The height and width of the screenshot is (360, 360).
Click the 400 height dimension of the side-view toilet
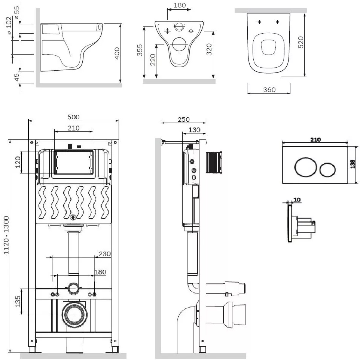[117, 53]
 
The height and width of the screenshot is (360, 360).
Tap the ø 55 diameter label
[17, 13]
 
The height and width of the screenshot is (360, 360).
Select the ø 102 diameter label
[9, 25]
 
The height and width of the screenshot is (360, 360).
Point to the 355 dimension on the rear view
[140, 50]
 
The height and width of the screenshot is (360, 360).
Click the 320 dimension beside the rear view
[209, 49]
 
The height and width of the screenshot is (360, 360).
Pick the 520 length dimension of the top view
[301, 42]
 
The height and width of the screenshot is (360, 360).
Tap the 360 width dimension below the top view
[269, 90]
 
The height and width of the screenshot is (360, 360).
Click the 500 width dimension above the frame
[74, 117]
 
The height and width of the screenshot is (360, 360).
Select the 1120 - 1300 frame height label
[6, 235]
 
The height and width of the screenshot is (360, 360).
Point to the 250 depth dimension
[184, 119]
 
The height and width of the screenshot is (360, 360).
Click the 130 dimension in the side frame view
[194, 130]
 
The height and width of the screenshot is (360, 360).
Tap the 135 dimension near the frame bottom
[18, 301]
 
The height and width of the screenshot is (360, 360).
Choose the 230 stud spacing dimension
[105, 254]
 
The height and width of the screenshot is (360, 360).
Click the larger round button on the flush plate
[305, 167]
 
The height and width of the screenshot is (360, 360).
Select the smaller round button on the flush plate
[327, 170]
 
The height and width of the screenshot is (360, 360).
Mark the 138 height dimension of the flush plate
[353, 164]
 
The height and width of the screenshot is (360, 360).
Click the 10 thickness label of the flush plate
[297, 200]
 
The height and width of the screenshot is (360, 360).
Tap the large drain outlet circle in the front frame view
[75, 314]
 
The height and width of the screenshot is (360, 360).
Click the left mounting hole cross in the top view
[260, 22]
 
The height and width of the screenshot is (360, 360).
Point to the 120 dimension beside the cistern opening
[18, 162]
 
